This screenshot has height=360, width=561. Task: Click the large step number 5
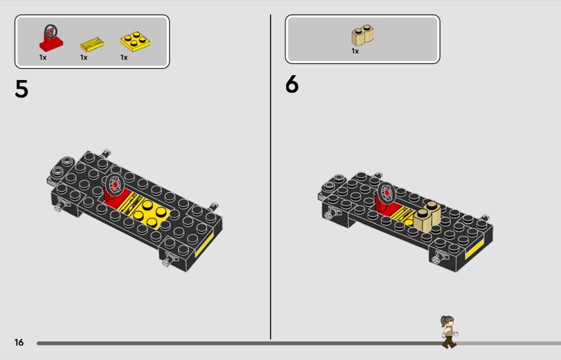22,89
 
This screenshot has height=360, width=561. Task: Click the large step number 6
292,84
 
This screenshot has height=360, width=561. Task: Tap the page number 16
19,342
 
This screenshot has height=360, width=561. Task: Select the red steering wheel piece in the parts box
50,38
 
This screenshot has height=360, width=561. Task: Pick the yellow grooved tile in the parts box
92,44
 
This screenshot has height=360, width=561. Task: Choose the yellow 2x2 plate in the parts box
135,41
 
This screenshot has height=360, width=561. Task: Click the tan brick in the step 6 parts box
363,35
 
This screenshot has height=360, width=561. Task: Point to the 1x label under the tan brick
355,51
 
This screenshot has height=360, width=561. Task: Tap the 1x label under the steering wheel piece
43,58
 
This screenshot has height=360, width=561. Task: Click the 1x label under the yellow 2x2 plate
124,58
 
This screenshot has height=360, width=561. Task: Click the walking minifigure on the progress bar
449,332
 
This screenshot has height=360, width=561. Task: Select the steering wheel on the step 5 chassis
114,185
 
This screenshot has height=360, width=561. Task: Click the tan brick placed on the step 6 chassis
427,215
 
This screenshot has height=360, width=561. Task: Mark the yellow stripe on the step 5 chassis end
204,245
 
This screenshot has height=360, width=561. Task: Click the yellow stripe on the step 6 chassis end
475,248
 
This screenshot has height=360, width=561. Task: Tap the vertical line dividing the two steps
271,177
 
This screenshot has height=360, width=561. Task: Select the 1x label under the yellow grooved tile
83,58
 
